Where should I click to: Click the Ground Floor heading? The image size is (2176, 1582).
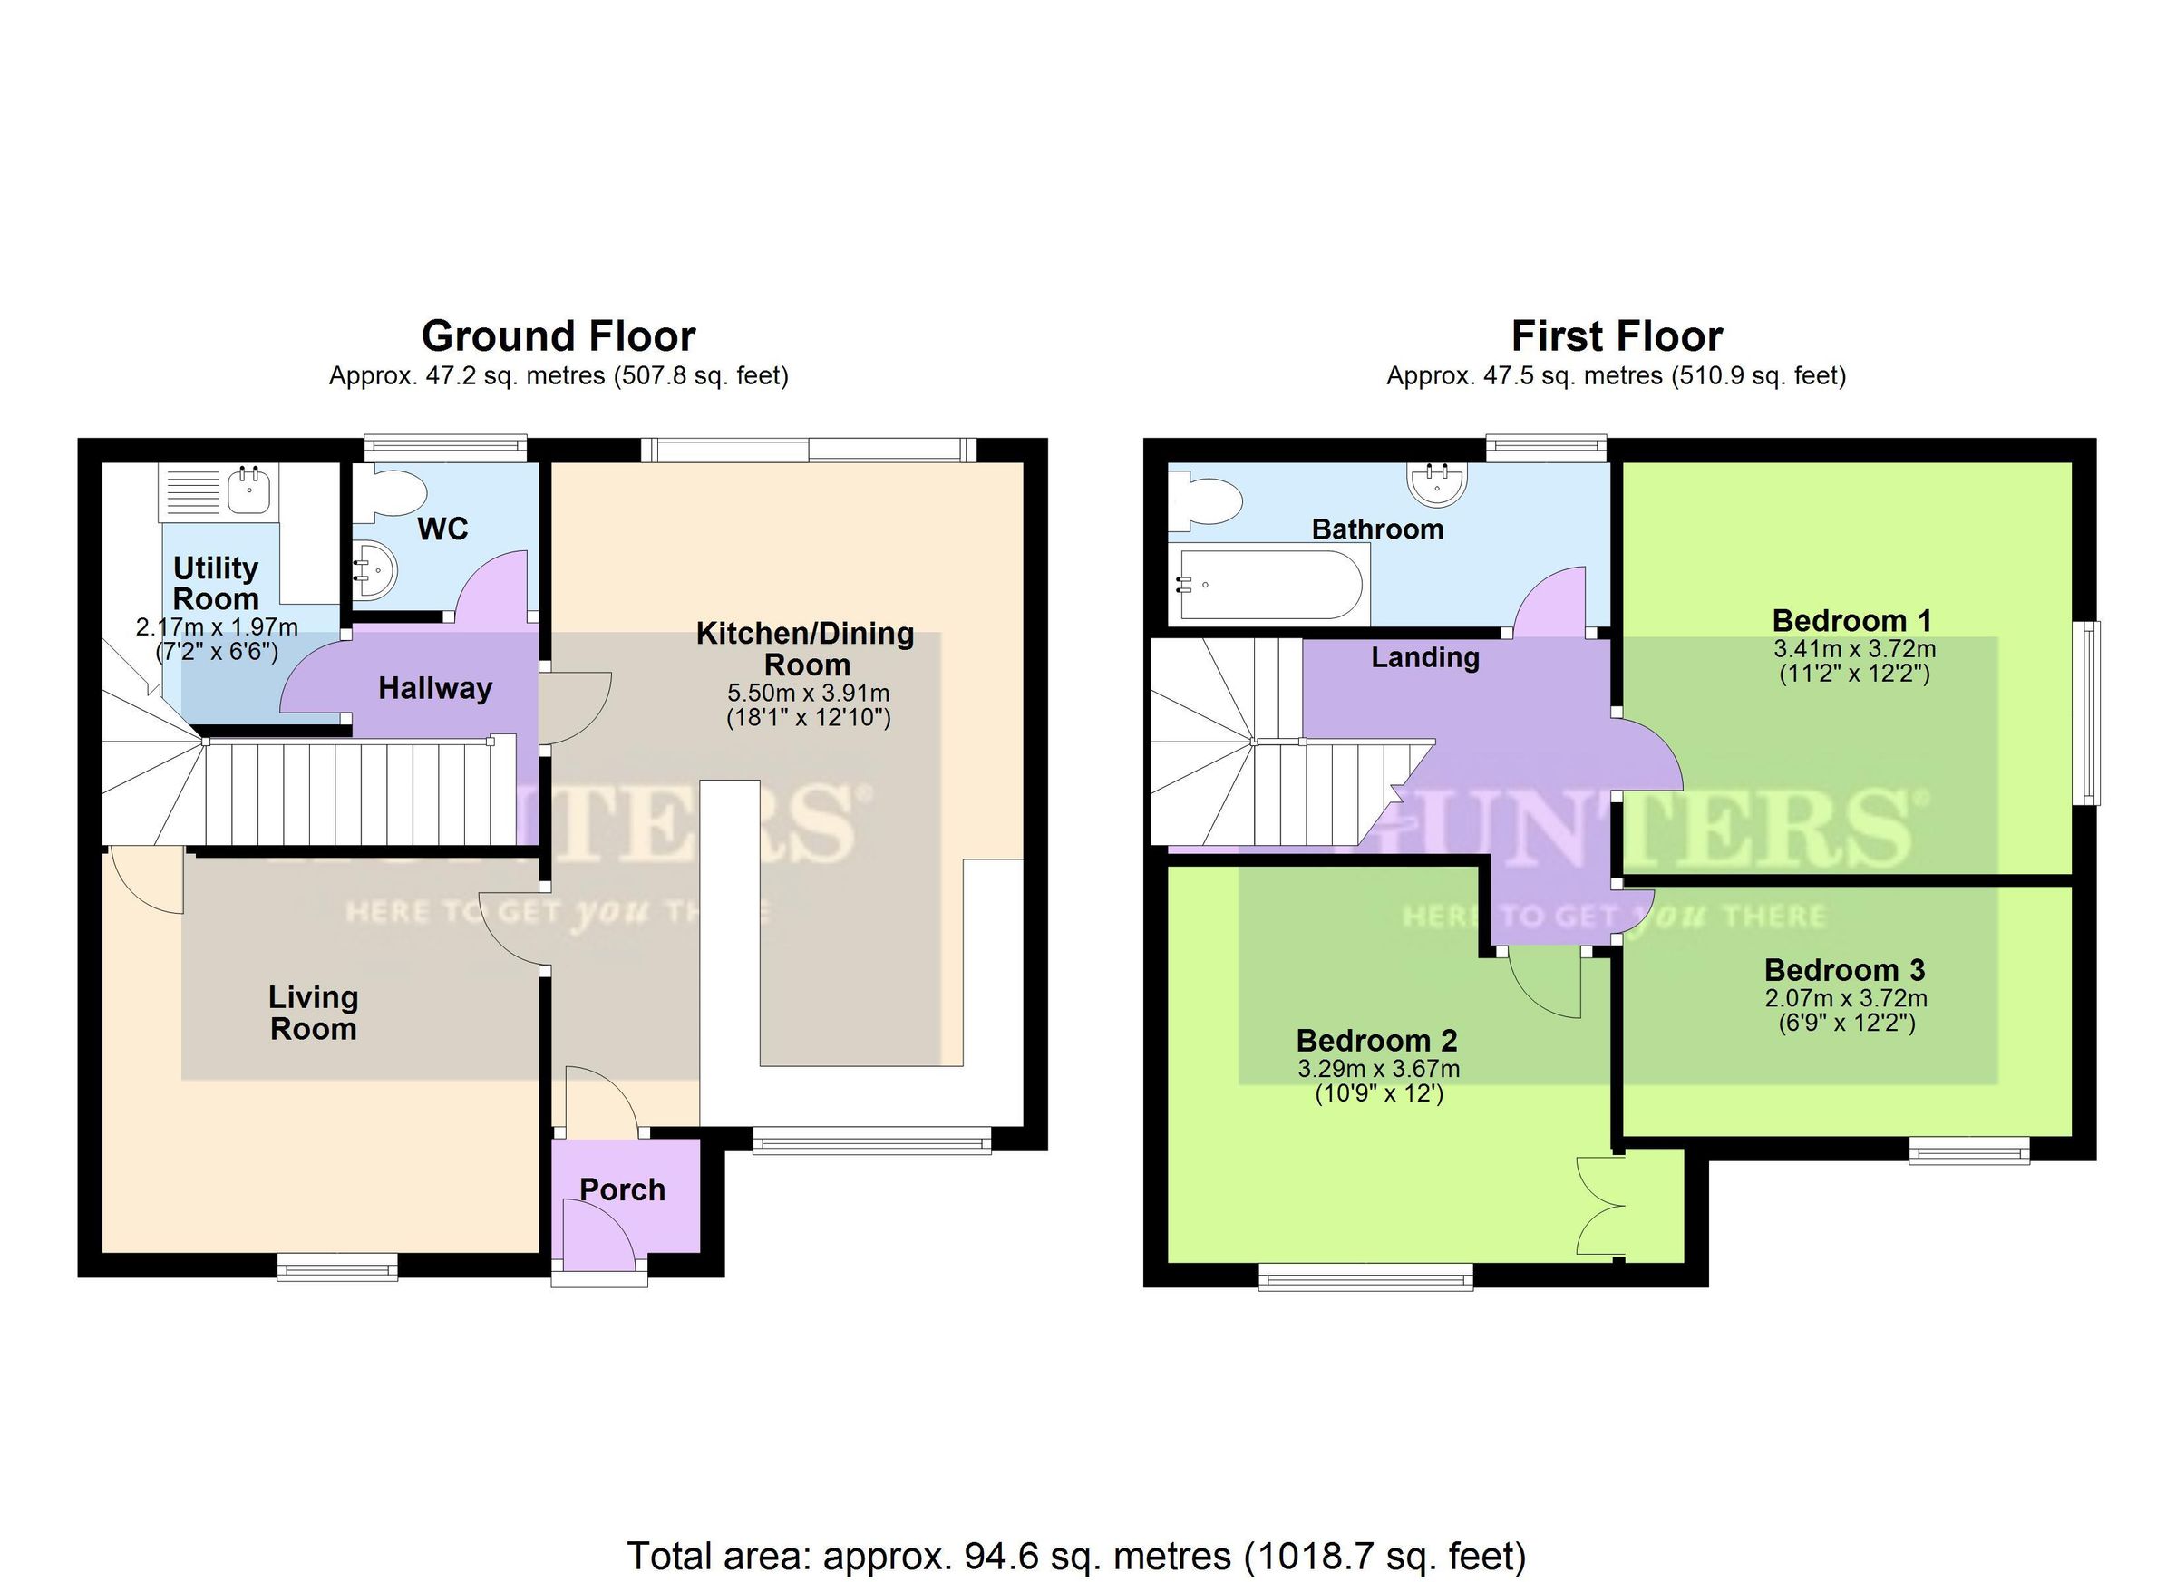coord(559,336)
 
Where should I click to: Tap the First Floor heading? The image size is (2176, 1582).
coord(1616,336)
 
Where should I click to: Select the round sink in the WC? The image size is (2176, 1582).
coord(374,570)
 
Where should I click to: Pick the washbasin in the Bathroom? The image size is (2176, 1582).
coord(1436,480)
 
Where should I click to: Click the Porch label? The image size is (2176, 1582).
coord(622,1189)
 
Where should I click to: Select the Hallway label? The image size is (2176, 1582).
coord(434,688)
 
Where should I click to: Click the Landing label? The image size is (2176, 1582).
coord(1423,657)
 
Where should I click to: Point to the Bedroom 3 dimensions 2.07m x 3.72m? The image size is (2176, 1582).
coord(1846,999)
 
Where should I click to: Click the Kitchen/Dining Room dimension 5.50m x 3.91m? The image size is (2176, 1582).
coord(808,693)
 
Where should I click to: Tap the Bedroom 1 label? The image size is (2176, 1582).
coord(1851,620)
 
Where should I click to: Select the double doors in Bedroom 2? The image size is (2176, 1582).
coord(1600,1206)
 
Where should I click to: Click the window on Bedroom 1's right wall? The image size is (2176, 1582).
coord(2088,712)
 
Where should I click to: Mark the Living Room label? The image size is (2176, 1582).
coord(313,1013)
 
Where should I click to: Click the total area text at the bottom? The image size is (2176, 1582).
coord(1075,1555)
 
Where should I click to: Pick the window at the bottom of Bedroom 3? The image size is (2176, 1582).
coord(1968,1150)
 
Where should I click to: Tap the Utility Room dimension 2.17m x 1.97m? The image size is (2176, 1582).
coord(217,628)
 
